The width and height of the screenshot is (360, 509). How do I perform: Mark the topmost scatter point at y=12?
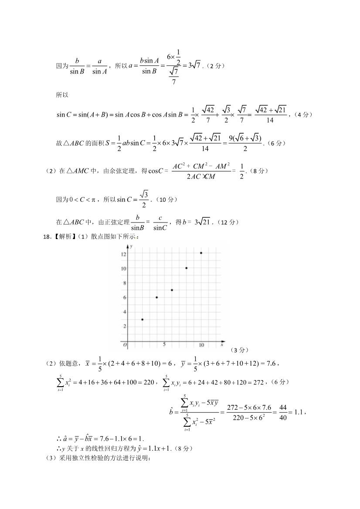click(201, 253)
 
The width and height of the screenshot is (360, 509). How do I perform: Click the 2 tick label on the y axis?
click(125, 326)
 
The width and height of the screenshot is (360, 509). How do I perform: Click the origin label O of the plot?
click(125, 345)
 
